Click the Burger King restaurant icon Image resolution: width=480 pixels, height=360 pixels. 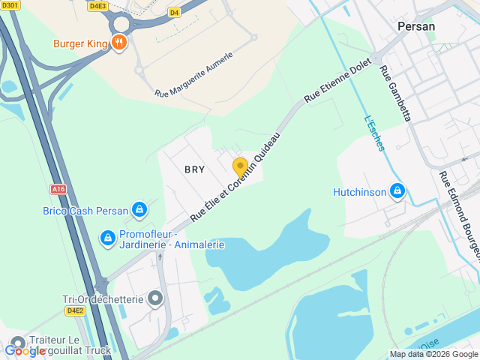(118, 43)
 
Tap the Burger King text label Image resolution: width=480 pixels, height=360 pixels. (80, 43)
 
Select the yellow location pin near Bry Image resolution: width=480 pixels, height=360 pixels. (240, 166)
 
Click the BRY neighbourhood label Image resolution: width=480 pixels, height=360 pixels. (194, 169)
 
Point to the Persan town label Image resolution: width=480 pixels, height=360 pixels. (416, 25)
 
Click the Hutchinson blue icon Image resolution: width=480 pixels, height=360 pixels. (397, 192)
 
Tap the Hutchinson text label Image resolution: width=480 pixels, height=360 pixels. (359, 193)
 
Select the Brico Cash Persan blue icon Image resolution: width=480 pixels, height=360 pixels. (139, 211)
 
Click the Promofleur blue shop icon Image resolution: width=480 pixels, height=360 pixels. (108, 238)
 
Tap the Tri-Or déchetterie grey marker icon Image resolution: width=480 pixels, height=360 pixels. (155, 299)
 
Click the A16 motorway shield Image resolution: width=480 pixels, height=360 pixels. (59, 189)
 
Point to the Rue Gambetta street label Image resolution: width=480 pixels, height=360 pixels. (395, 93)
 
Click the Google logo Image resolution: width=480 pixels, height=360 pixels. (25, 350)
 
